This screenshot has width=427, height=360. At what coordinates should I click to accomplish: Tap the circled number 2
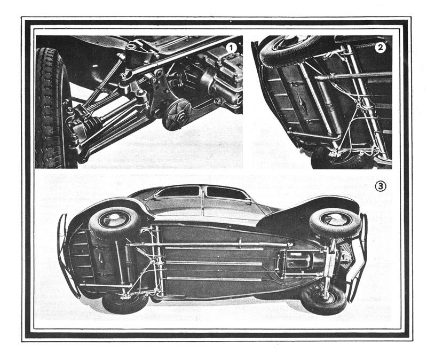[x=380, y=48]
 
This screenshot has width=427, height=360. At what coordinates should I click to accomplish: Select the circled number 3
[x=381, y=186]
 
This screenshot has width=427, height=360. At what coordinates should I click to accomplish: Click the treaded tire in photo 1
[x=52, y=108]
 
